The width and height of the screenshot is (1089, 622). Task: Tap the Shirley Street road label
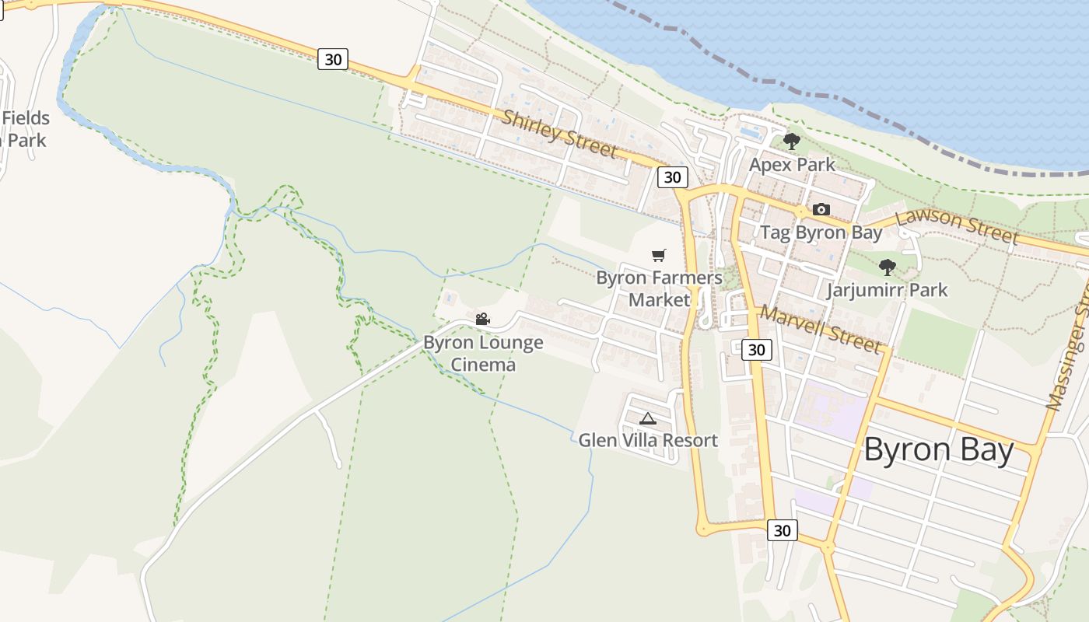click(559, 134)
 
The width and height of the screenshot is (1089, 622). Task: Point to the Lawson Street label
click(956, 225)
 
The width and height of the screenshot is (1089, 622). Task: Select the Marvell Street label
click(820, 328)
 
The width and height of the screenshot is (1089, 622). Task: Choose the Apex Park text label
click(792, 165)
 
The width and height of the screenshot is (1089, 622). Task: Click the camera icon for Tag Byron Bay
click(821, 209)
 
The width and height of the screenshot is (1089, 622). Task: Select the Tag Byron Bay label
click(821, 232)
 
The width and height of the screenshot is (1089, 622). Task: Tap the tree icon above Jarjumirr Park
click(887, 267)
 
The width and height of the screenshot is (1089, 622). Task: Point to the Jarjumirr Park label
click(887, 291)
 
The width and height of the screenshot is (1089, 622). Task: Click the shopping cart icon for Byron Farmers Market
click(659, 255)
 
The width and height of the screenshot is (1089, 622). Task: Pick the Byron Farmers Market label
click(659, 288)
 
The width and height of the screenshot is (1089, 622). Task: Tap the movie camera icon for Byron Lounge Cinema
click(482, 319)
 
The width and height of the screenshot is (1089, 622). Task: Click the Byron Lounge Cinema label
click(483, 353)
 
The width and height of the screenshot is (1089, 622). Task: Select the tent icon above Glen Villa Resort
click(647, 418)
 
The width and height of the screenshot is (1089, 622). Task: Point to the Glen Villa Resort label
click(647, 441)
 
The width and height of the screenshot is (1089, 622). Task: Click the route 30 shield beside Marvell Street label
click(756, 349)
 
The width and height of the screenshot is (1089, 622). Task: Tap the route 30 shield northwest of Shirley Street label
click(332, 59)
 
